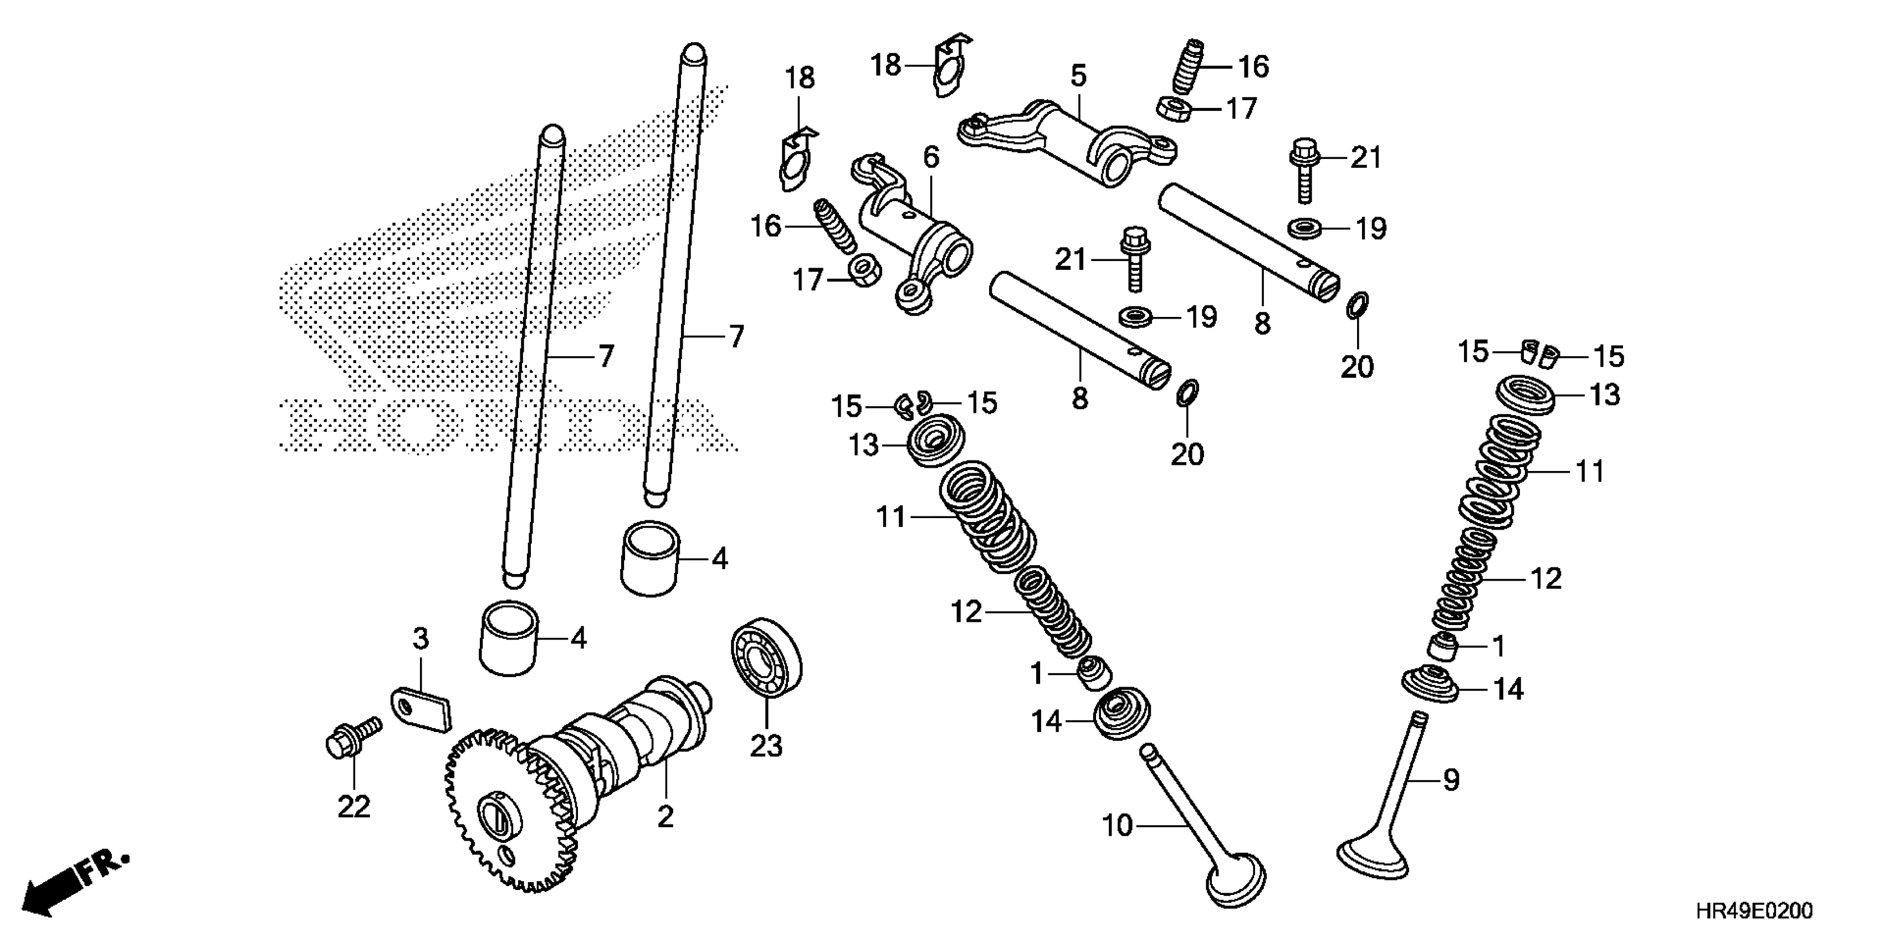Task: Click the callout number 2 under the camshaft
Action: [665, 816]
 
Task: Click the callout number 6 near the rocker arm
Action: [931, 157]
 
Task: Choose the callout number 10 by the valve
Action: [1117, 826]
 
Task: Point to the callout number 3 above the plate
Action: [421, 639]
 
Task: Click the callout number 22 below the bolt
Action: [354, 806]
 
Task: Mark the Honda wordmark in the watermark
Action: [505, 424]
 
